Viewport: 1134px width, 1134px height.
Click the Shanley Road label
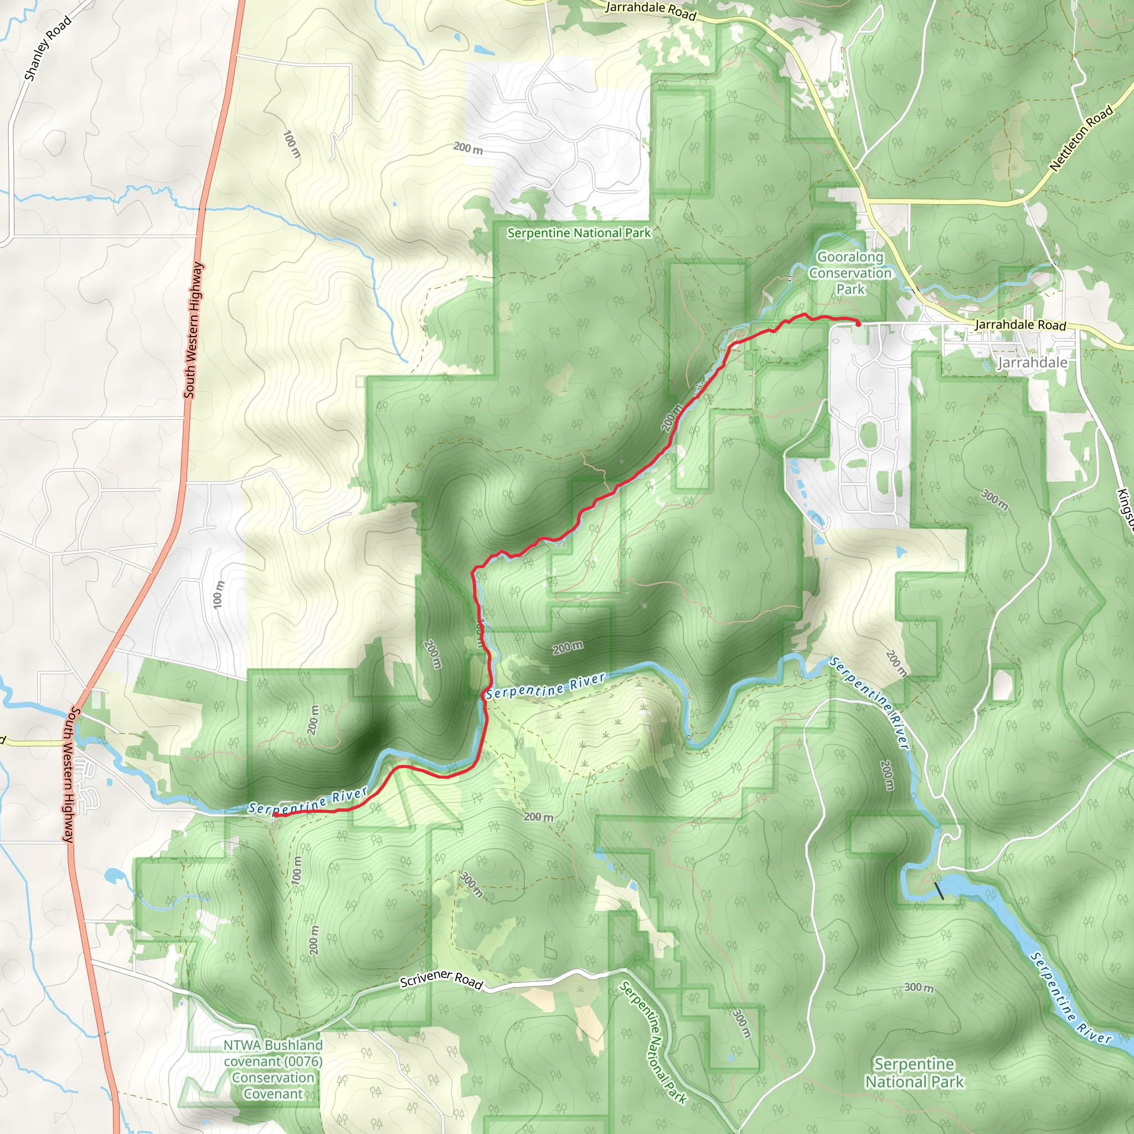pyautogui.click(x=48, y=48)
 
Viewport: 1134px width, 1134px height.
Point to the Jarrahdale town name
pyautogui.click(x=1033, y=363)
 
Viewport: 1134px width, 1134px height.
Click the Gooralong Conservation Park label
pyautogui.click(x=850, y=273)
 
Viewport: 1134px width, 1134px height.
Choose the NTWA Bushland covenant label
pyautogui.click(x=273, y=1069)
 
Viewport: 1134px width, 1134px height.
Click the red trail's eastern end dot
pyautogui.click(x=858, y=323)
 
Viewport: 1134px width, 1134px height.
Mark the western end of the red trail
pyautogui.click(x=274, y=815)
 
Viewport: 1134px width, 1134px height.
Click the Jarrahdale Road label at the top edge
pyautogui.click(x=651, y=10)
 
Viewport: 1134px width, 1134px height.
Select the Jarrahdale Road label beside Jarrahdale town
pyautogui.click(x=1020, y=324)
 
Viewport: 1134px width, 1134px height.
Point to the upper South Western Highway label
pyautogui.click(x=193, y=330)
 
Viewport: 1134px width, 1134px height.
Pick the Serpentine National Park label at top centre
pyautogui.click(x=579, y=233)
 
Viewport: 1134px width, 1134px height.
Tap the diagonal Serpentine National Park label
pyautogui.click(x=653, y=1042)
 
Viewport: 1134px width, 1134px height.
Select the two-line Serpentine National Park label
pyautogui.click(x=914, y=1073)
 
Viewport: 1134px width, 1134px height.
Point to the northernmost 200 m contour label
pyautogui.click(x=468, y=148)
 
